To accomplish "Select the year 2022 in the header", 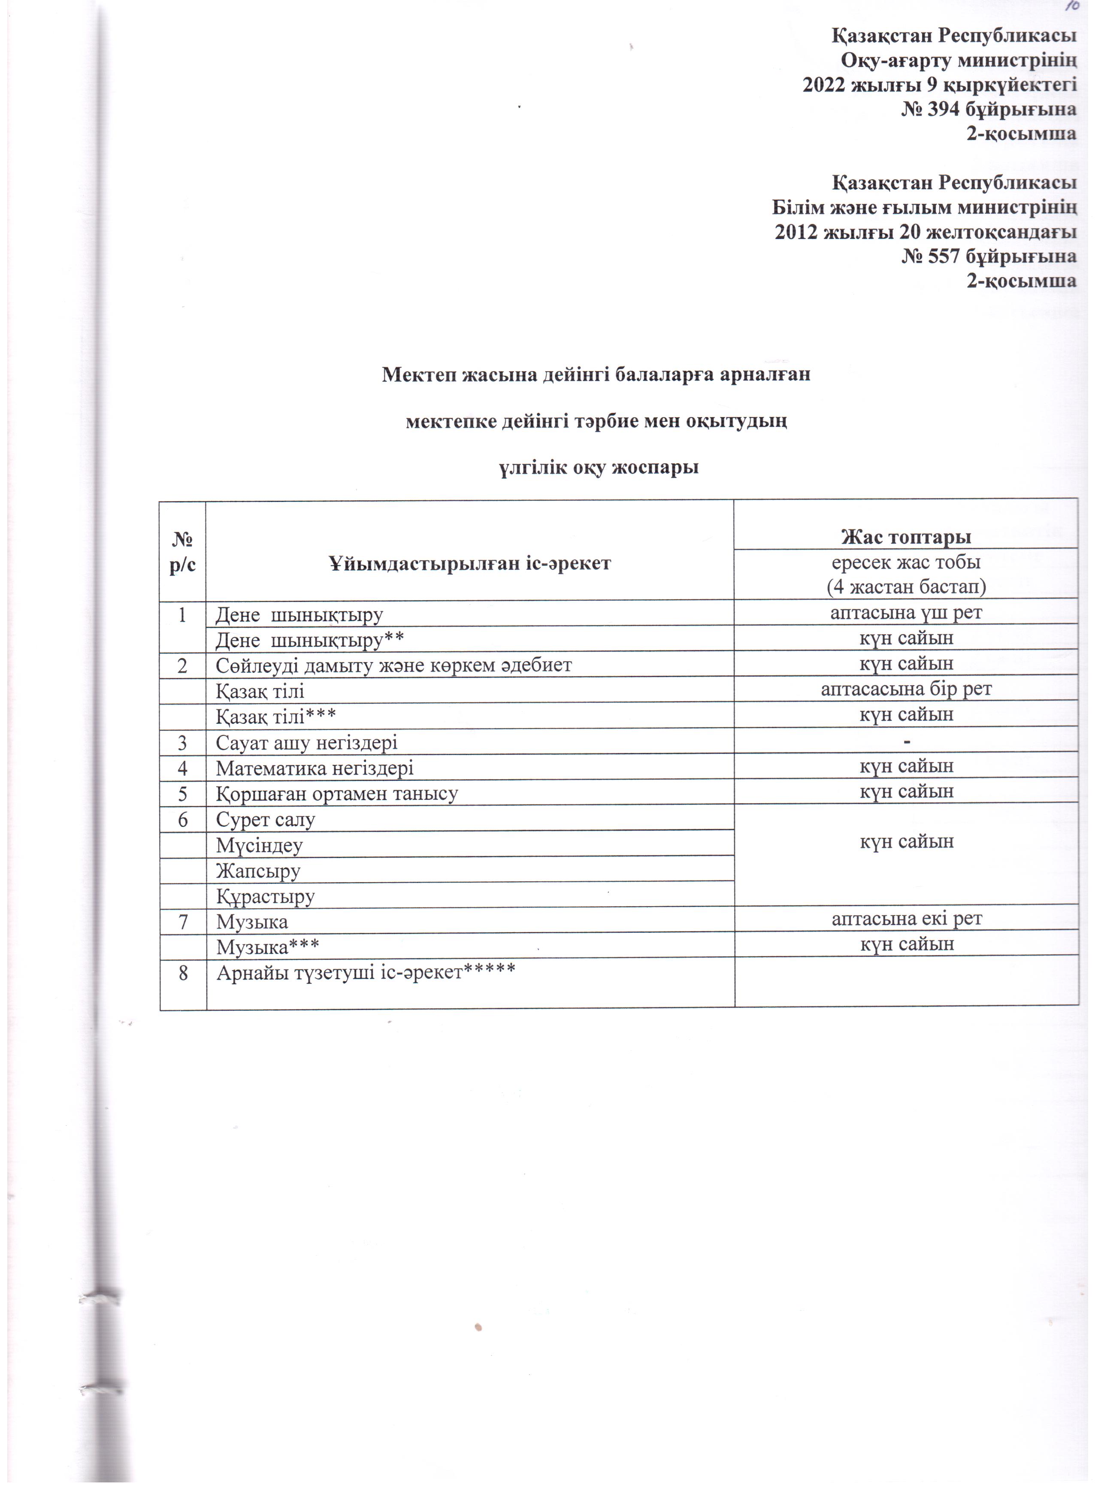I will tap(825, 85).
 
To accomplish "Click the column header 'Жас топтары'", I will tap(906, 536).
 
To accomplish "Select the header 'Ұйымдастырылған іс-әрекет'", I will tap(469, 564).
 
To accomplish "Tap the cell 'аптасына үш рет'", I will tap(906, 612).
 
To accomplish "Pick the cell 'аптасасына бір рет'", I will tap(906, 689).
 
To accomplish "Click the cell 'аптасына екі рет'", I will tap(906, 919).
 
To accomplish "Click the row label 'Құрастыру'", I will tap(265, 896).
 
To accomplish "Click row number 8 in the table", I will tap(183, 974).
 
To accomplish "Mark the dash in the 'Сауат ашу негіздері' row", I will tap(906, 741).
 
